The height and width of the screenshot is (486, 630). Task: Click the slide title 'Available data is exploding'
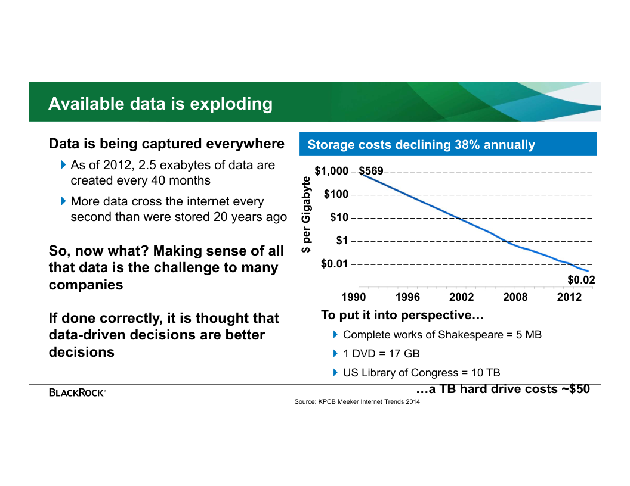point(160,104)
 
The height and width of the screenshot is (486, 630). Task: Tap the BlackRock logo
point(77,392)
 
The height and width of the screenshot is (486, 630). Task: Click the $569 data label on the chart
point(371,172)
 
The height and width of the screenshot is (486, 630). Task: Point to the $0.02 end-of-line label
point(581,279)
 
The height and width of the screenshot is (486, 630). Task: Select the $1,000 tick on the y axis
point(331,172)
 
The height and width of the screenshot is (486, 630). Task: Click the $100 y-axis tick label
point(336,194)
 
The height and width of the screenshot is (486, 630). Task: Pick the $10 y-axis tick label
point(339,217)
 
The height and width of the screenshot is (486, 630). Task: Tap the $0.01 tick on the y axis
point(334,264)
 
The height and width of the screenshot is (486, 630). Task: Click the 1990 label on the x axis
point(353,297)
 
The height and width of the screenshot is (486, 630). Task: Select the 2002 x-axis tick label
point(461,297)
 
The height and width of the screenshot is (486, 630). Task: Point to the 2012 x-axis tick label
point(569,297)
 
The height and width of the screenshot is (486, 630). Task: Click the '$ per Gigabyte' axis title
point(306,214)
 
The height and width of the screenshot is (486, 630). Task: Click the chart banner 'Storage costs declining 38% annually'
point(421,145)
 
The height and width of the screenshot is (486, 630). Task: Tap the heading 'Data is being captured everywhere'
point(166,144)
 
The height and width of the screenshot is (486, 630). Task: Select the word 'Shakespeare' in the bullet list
point(474,335)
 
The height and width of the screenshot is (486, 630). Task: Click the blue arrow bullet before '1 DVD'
point(336,353)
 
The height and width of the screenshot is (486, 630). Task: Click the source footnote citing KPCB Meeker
point(357,403)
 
